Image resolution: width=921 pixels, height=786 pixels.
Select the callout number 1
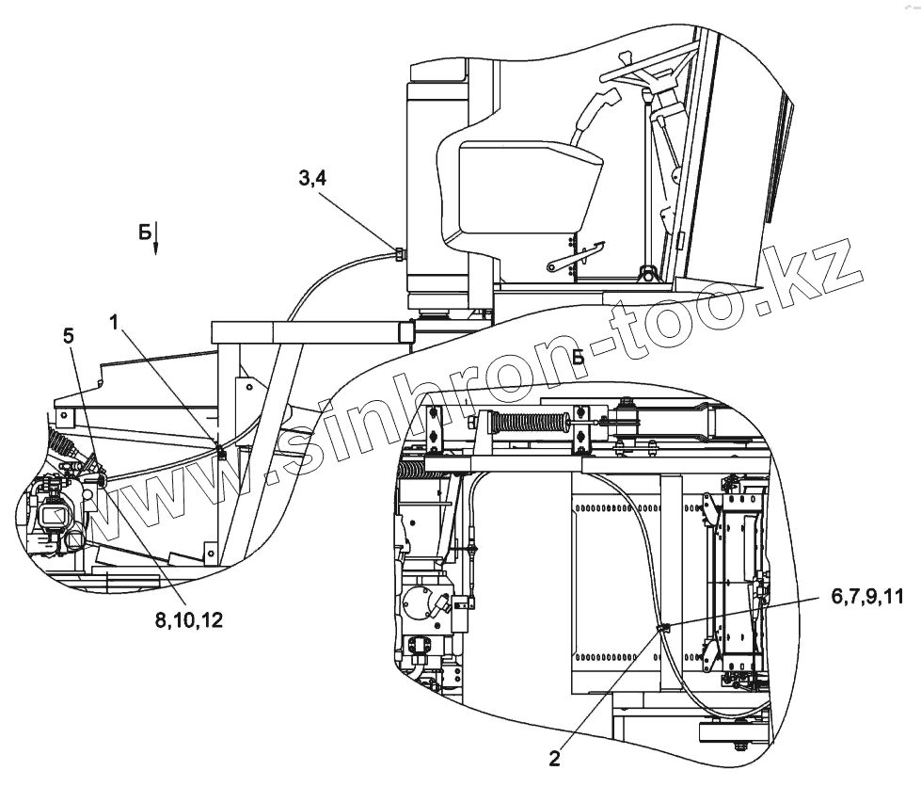[113, 322]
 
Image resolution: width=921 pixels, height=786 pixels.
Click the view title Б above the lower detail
[578, 357]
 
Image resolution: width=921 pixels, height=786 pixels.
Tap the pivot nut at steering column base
[646, 274]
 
